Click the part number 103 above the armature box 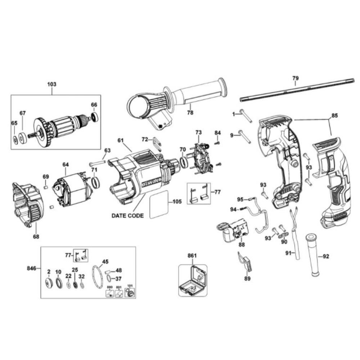click(x=52, y=84)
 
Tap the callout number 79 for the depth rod click(x=295, y=78)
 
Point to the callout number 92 click(x=326, y=257)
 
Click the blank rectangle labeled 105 click(x=159, y=204)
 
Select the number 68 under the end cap click(x=36, y=237)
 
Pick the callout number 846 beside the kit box click(x=32, y=268)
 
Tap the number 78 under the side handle click(x=190, y=113)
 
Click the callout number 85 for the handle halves click(x=334, y=116)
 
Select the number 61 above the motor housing click(x=120, y=140)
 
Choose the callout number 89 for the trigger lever click(x=247, y=278)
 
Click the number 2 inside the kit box click(x=48, y=271)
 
